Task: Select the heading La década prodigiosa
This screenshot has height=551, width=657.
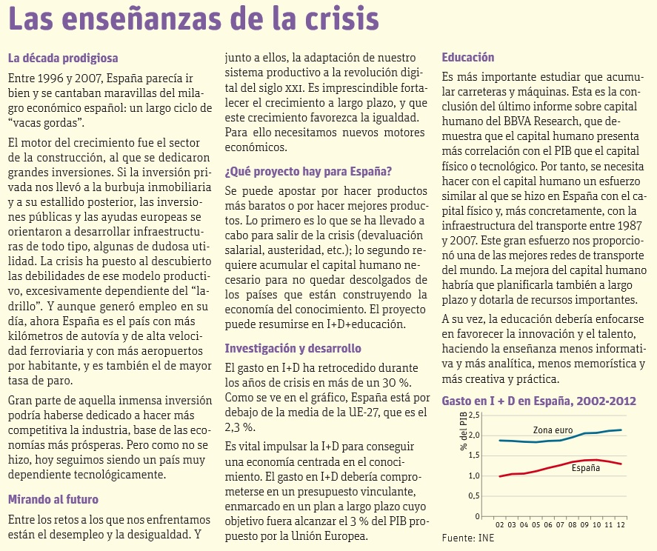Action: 62,59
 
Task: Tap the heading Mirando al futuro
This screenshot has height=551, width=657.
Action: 53,498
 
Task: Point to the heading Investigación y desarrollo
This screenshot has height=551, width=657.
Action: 293,348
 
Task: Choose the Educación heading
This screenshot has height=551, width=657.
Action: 467,57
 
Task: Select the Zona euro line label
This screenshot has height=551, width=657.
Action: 553,430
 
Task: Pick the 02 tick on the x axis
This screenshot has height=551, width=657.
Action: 500,524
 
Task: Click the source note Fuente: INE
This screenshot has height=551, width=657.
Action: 467,538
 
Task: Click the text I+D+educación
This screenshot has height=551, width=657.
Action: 358,324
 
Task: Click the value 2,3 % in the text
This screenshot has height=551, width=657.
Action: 239,427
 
